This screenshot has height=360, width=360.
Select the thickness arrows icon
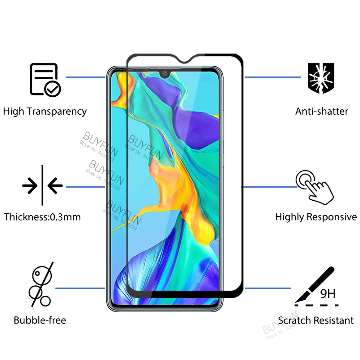pyautogui.click(x=42, y=184)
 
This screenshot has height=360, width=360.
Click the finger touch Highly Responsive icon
pyautogui.click(x=315, y=185)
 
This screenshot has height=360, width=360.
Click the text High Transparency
pyautogui.click(x=45, y=111)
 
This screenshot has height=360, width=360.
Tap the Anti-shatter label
pyautogui.click(x=321, y=111)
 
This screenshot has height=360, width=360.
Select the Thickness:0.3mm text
pyautogui.click(x=43, y=217)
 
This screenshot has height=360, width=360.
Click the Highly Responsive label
pyautogui.click(x=316, y=217)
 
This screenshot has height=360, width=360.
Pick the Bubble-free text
pyautogui.click(x=40, y=320)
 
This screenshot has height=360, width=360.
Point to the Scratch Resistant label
pyautogui.click(x=315, y=320)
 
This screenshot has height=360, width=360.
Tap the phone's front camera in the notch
pyautogui.click(x=164, y=73)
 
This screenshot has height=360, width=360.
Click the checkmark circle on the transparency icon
pyautogui.click(x=53, y=89)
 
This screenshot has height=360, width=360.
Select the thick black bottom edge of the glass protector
pyautogui.click(x=184, y=293)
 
